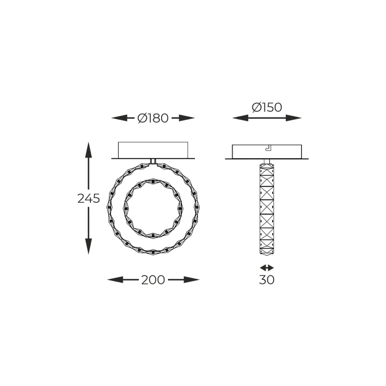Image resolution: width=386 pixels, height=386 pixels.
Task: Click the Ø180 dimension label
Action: tap(153, 118)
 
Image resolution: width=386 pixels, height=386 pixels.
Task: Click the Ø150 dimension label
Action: tap(266, 107)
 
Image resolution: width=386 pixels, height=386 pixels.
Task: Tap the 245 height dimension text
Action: tap(88, 198)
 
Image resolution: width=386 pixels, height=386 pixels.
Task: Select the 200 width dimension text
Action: tap(153, 280)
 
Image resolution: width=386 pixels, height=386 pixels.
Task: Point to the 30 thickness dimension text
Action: tap(266, 279)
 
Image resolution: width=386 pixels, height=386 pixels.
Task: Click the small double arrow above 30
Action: tap(266, 267)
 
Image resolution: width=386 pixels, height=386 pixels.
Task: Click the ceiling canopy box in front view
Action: tap(153, 149)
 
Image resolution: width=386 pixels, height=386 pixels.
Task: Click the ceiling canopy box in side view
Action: tap(266, 151)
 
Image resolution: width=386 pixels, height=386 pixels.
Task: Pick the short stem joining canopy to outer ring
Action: tap(153, 161)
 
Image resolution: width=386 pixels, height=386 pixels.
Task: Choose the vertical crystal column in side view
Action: tap(266, 210)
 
